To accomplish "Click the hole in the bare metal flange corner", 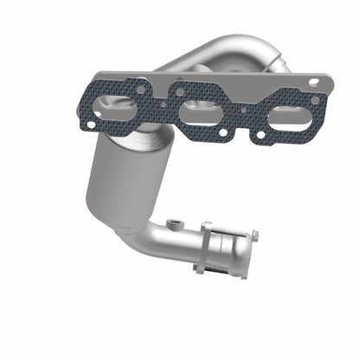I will [312, 82].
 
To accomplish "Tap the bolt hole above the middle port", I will [179, 90].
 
